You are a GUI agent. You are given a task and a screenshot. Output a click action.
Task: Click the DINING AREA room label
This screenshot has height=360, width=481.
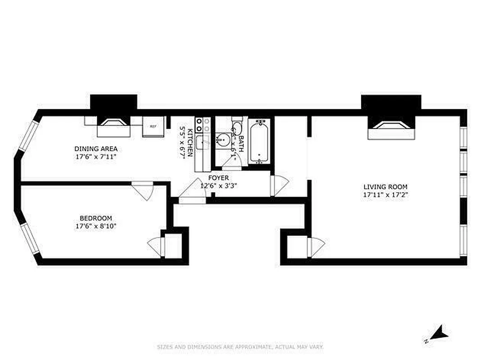tap(96, 148)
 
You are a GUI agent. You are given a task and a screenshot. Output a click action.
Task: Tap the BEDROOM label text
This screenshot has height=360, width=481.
tap(96, 218)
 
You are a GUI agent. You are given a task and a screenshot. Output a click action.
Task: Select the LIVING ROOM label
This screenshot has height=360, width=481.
tap(386, 187)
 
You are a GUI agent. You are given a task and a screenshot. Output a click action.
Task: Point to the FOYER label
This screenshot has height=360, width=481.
tap(218, 178)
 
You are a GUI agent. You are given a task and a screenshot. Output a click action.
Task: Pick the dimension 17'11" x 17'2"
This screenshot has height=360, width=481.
tap(386, 195)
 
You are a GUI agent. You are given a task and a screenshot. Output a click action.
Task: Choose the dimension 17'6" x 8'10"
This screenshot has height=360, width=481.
tap(96, 226)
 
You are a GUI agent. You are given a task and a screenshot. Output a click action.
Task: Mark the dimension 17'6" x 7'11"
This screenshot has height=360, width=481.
tap(96, 157)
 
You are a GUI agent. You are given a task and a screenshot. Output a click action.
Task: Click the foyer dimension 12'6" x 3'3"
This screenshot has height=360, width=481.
tap(218, 185)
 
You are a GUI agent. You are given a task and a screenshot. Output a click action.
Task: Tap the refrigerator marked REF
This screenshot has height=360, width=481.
tap(153, 126)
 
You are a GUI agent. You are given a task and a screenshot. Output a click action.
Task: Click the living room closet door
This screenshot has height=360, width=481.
tap(315, 247)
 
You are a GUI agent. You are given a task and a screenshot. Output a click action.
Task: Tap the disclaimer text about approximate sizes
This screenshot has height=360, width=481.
tap(240, 347)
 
